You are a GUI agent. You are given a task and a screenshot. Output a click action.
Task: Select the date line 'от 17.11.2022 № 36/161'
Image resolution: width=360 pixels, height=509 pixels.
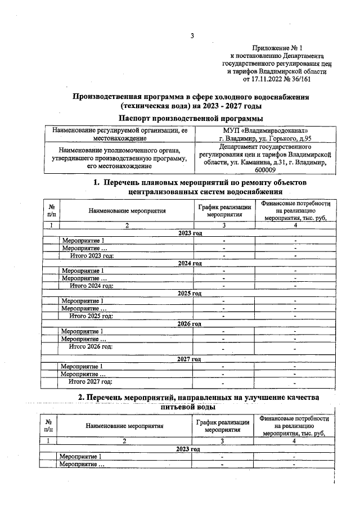pyautogui.click(x=276, y=79)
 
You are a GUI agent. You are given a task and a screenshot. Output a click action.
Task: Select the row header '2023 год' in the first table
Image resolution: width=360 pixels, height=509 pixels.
pyautogui.click(x=190, y=233)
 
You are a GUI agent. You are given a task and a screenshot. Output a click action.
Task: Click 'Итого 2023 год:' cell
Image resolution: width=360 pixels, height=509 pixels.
pyautogui.click(x=92, y=255)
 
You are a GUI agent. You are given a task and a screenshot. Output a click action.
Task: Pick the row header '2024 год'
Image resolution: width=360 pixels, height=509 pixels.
pyautogui.click(x=190, y=263)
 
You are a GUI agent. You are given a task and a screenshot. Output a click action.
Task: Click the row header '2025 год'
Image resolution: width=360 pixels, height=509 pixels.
pyautogui.click(x=189, y=293)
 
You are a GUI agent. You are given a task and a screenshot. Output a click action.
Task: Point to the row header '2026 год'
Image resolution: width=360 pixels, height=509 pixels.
pyautogui.click(x=189, y=323)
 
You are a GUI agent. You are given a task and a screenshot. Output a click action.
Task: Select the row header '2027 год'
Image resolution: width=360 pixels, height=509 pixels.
pyautogui.click(x=189, y=359)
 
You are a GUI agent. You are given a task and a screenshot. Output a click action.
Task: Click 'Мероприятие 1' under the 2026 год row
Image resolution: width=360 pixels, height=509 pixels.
pyautogui.click(x=82, y=331)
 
